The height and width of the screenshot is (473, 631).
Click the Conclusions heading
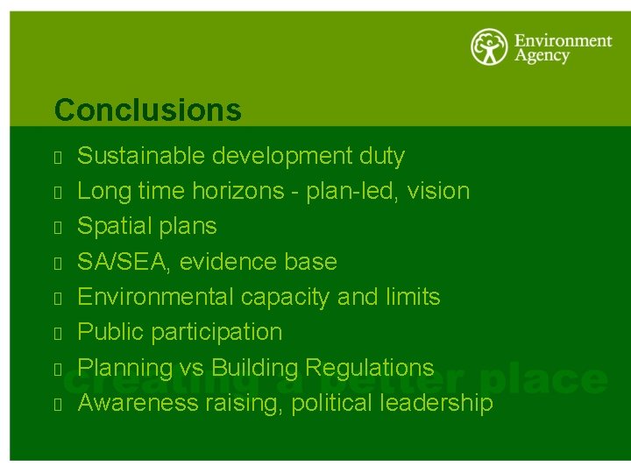coord(147,110)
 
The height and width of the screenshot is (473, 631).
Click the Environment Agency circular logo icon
coord(488,47)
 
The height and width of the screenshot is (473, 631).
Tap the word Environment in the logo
coord(563,40)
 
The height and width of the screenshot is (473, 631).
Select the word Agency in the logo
coord(542,56)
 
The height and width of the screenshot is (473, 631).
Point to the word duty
coord(382,157)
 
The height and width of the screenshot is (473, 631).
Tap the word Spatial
coord(109,226)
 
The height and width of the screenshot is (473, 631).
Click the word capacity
coord(285,297)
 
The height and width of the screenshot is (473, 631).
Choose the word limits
coord(412,297)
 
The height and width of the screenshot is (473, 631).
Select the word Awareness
coord(138,403)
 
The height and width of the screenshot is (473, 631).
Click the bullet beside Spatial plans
coord(55,228)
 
